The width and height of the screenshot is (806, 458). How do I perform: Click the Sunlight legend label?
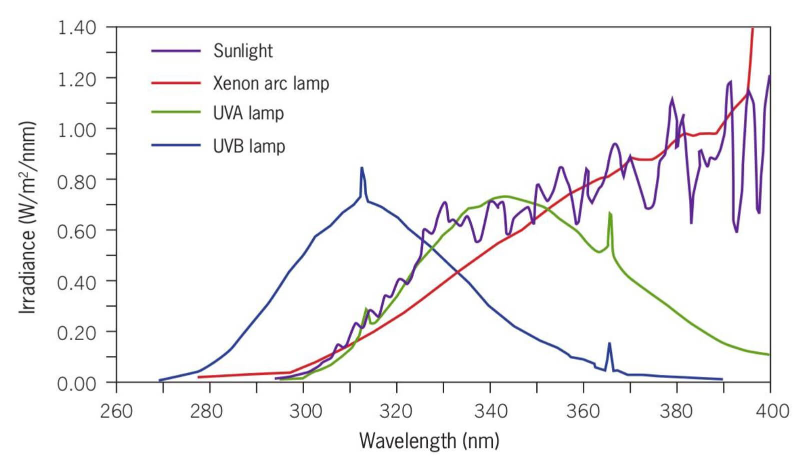pos(243,51)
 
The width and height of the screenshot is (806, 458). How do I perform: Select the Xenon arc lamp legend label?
pos(271,83)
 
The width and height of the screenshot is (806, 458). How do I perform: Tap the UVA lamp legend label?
pos(248,113)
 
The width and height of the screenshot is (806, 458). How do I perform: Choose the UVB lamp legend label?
pos(249,146)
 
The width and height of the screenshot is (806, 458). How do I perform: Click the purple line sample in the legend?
pos(176,51)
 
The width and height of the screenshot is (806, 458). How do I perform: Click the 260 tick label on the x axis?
pos(117,411)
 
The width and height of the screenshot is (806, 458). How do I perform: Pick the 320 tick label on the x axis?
pos(397,411)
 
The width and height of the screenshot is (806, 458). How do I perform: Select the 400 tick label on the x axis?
pos(770,411)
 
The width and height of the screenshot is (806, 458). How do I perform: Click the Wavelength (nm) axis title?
pos(429,441)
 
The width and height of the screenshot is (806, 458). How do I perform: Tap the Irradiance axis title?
pos(28,217)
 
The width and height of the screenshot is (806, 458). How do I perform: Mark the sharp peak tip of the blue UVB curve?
pos(361,168)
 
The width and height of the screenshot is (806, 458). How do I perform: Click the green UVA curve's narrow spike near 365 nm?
pos(610,213)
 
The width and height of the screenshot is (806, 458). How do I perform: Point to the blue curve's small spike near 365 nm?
pos(609,343)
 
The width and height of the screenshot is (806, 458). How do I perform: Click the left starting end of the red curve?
pos(199,377)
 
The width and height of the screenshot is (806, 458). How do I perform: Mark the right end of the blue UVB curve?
pos(722,379)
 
